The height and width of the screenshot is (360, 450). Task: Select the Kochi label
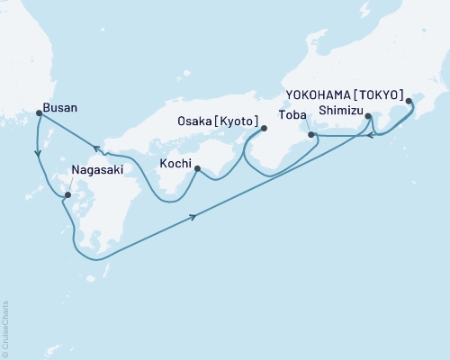(x=175, y=163)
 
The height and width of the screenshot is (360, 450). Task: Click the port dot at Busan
(x=38, y=112)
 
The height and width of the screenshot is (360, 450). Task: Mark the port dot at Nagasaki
(x=67, y=193)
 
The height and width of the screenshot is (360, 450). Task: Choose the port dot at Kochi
(x=195, y=166)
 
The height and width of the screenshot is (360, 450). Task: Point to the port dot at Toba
(x=311, y=135)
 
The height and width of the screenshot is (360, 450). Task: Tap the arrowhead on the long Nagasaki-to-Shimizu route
(x=194, y=217)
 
